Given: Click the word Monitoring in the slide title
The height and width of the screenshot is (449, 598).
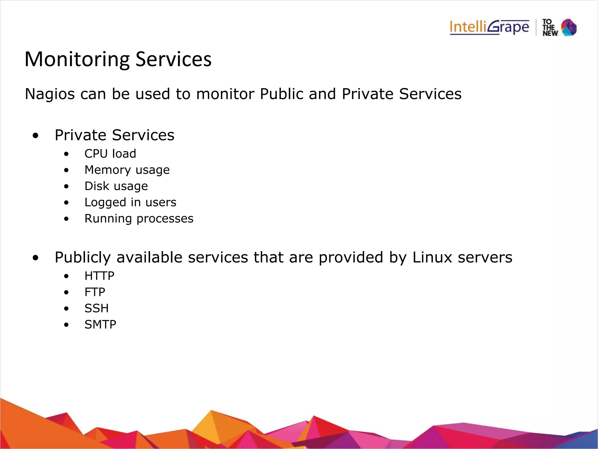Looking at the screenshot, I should point(77,59).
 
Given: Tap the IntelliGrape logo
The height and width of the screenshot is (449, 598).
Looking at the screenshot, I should point(489,28).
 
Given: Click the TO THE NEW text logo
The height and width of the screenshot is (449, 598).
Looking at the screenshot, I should point(550,28).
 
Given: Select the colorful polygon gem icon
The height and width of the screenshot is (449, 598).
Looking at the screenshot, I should point(569,27).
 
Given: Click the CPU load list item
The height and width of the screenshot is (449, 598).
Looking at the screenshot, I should point(110,154).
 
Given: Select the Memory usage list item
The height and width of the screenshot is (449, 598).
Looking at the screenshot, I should point(127,170).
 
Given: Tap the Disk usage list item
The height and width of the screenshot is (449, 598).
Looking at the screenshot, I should point(116,186).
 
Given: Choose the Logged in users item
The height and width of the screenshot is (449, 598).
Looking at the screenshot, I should point(130,203).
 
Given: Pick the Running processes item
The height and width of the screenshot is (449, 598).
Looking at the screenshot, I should point(139,219).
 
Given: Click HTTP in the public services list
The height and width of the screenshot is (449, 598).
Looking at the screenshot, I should point(99,276).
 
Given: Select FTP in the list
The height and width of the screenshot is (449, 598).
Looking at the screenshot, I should point(95,292).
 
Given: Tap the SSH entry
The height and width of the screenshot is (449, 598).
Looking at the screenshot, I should point(96,308).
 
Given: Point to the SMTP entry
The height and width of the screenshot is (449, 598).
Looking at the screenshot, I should point(100,324).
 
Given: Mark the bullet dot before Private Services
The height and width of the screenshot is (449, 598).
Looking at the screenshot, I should point(36,136).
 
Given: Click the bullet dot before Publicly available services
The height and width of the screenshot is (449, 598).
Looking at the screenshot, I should point(36,258).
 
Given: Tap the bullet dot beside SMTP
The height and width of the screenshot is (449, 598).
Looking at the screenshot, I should point(67,325).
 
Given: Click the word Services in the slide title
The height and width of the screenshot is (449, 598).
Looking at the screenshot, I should point(173,59).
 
